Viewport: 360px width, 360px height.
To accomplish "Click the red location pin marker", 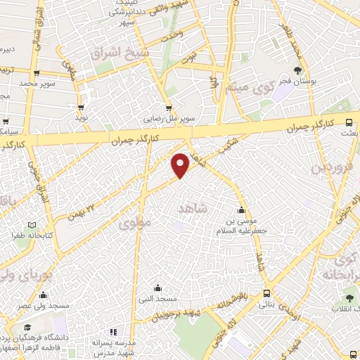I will [181, 165].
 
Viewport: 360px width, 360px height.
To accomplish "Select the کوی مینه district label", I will [249, 89].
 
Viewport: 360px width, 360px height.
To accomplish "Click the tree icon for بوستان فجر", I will [298, 70].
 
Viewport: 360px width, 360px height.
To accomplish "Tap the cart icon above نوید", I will [82, 108].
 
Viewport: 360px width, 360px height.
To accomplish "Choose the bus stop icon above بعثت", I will [349, 122].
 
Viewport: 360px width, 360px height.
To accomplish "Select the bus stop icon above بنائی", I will [266, 294].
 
